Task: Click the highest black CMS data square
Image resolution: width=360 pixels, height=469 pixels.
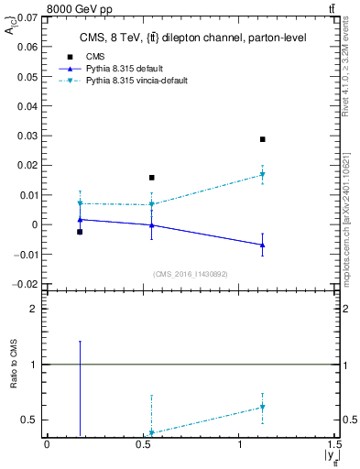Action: [262, 139]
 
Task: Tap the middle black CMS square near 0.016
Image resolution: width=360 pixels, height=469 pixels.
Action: [152, 178]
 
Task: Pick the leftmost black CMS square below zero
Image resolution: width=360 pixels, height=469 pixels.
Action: [80, 232]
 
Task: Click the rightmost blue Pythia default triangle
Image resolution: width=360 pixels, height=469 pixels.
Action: [262, 245]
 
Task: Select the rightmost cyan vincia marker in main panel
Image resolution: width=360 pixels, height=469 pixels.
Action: [262, 174]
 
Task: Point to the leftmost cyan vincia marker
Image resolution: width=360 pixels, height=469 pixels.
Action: [80, 203]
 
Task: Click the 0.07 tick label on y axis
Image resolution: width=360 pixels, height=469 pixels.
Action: [27, 16]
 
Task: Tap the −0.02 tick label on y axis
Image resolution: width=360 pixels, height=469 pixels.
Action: [25, 284]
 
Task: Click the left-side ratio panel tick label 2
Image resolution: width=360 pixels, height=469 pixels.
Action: [34, 310]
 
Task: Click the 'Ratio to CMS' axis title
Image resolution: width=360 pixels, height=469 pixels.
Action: [14, 365]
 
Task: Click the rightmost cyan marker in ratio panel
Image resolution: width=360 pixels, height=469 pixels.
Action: [262, 407]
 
